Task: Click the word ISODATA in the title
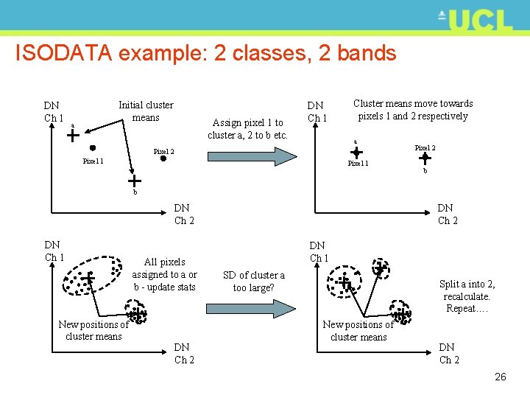click(x=63, y=53)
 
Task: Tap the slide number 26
click(x=500, y=377)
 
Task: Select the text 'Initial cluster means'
click(x=146, y=111)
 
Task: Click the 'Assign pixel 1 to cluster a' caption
click(x=247, y=129)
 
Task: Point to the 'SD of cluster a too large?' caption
click(x=253, y=282)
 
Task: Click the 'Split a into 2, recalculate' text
click(x=467, y=296)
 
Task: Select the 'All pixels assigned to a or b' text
click(x=165, y=274)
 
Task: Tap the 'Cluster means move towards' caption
click(x=413, y=110)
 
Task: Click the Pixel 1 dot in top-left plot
click(x=93, y=148)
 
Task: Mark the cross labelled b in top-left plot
click(x=135, y=181)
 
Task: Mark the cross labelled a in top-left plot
click(x=73, y=135)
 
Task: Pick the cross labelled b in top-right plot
click(x=424, y=158)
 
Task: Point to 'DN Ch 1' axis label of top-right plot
click(x=317, y=112)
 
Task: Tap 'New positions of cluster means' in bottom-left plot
click(x=93, y=330)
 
